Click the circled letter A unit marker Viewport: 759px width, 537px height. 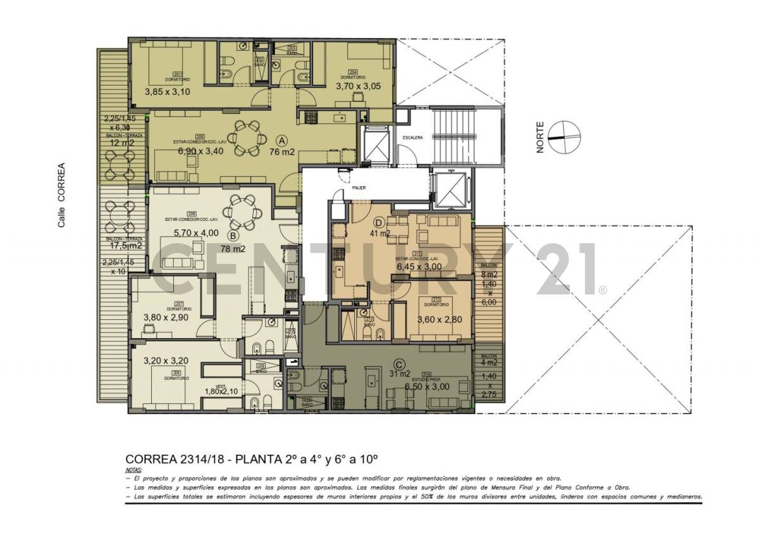tap(282, 140)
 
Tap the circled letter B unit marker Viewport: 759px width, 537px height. tap(233, 236)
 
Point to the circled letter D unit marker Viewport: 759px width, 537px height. tap(379, 222)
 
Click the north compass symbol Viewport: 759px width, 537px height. tap(564, 137)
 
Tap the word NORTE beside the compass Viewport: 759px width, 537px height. tap(541, 137)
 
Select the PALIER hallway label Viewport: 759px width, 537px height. tap(359, 187)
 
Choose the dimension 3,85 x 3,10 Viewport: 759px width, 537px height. tap(168, 92)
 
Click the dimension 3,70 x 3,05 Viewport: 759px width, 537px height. tap(358, 86)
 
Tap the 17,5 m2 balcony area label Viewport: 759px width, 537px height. tap(125, 245)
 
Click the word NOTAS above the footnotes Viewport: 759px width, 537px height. tap(133, 471)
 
